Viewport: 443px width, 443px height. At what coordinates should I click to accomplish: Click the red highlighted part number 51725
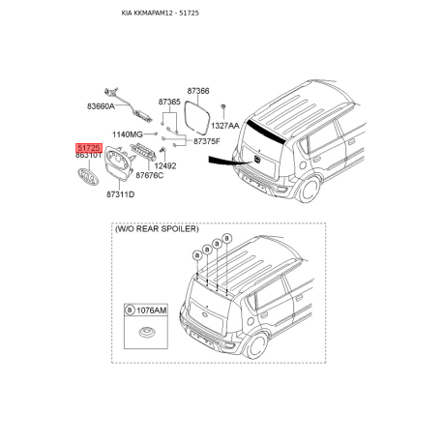[x=89, y=148]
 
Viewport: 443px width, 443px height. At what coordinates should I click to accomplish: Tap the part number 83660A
[x=101, y=106]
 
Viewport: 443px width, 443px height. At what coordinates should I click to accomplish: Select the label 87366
[x=198, y=91]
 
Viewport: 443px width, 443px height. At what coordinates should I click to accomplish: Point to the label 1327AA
[x=225, y=126]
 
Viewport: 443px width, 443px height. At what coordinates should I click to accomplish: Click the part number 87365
[x=169, y=102]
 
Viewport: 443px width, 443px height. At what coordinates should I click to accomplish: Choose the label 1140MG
[x=128, y=134]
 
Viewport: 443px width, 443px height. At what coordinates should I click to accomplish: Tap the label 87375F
[x=207, y=141]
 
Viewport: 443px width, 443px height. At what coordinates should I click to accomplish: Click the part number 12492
[x=165, y=166]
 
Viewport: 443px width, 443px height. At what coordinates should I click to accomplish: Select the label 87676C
[x=150, y=175]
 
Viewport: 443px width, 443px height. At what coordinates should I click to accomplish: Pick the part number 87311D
[x=121, y=194]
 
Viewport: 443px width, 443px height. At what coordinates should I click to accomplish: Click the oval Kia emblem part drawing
[x=88, y=177]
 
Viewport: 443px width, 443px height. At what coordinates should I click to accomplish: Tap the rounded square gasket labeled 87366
[x=197, y=117]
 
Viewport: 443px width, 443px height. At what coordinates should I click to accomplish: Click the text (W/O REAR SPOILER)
[x=157, y=229]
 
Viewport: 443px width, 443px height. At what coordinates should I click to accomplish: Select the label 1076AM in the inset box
[x=152, y=310]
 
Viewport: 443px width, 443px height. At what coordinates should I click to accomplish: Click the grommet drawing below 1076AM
[x=146, y=332]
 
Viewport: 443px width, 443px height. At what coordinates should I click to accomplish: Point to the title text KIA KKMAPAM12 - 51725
[x=161, y=14]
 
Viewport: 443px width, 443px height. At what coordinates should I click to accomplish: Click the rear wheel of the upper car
[x=310, y=189]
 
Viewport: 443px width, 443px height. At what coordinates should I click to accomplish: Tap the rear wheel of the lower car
[x=257, y=345]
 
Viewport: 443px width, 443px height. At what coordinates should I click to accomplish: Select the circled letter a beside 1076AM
[x=130, y=310]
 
